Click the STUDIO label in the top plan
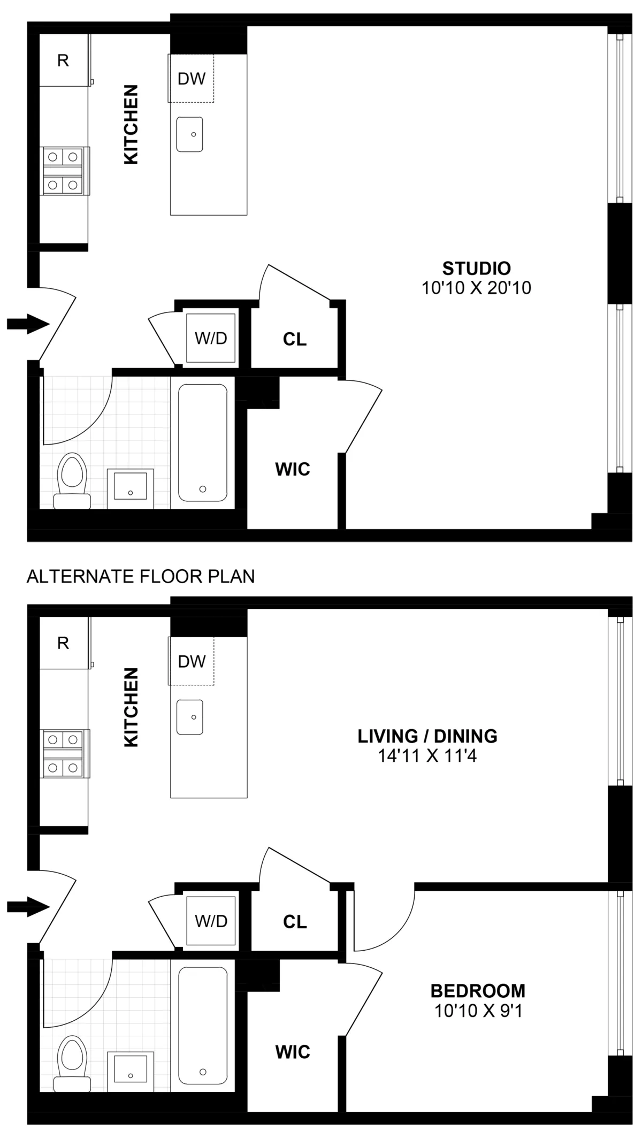pos(476,268)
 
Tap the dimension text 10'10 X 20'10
pos(476,288)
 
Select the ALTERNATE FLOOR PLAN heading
pos(141,576)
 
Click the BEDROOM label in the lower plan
pos(478,991)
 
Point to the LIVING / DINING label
pos(427,736)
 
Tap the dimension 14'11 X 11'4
pos(427,756)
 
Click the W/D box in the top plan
pos(211,338)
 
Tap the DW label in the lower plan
pos(192,662)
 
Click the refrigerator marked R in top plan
pos(63,60)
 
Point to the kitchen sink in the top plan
pos(190,134)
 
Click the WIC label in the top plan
pos(292,469)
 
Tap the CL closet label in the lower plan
pos(295,922)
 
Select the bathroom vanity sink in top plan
pos(131,488)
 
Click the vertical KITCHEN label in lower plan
pos(131,707)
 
